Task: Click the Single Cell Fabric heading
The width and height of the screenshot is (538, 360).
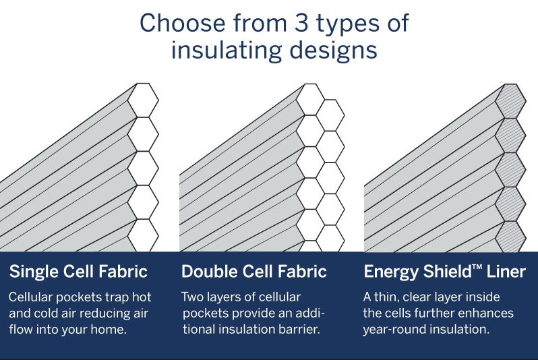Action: pos(78,272)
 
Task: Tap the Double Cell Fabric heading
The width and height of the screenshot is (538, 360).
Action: pos(254,272)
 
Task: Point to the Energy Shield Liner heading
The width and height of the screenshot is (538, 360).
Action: pos(445,272)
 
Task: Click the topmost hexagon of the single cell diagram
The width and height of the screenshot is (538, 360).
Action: pos(143,100)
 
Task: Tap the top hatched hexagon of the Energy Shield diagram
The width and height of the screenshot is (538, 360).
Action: pos(510,100)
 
